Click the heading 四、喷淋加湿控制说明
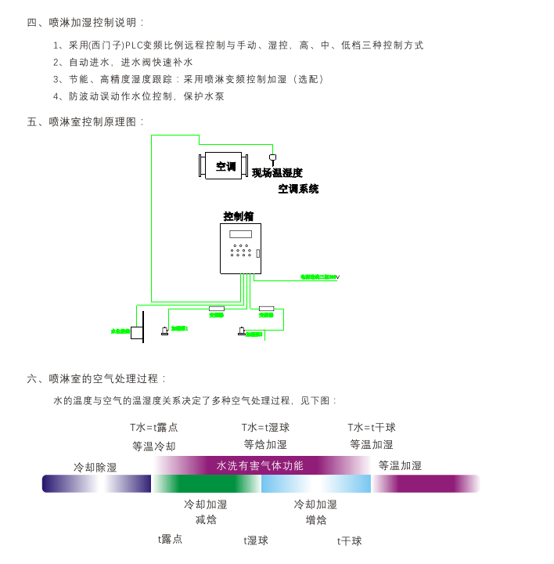coord(86,23)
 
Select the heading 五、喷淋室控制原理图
coord(86,122)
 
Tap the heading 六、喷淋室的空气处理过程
coord(97,379)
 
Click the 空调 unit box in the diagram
coord(225,166)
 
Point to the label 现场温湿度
coord(277,173)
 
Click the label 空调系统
coord(298,189)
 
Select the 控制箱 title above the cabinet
coord(239,216)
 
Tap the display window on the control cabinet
coord(240,234)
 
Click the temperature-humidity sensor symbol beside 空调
coord(272,158)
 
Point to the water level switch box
coord(136,333)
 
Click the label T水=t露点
coord(154,428)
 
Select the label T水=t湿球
coord(265,428)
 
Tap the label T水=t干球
coord(372,428)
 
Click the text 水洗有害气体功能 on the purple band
coord(260,465)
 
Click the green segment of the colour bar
coord(206,484)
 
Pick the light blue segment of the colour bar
coord(315,484)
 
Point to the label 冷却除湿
coord(95,468)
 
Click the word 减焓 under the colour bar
coord(206,520)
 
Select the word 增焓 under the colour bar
coord(316,520)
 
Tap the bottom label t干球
coord(350,541)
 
